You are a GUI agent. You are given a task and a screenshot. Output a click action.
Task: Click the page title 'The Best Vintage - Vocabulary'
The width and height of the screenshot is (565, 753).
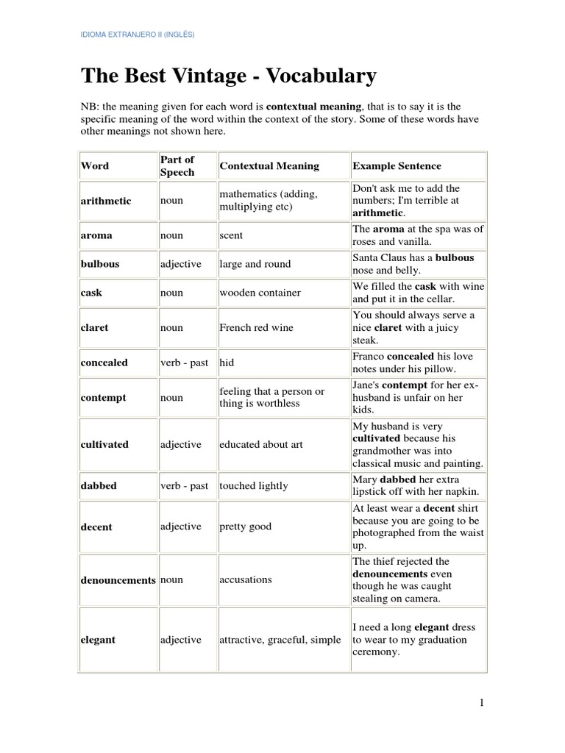(x=228, y=76)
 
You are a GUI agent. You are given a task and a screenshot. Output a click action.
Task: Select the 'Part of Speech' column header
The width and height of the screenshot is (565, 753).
(x=177, y=165)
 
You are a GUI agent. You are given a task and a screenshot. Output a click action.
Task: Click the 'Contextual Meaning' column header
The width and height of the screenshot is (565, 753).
(x=269, y=166)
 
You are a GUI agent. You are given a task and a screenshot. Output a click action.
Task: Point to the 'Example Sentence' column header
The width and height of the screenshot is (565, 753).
(x=397, y=166)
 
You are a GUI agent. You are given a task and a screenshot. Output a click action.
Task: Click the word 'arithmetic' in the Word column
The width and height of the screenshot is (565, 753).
(x=106, y=201)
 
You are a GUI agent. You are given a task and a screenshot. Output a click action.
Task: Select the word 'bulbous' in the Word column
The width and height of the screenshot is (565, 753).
(x=100, y=264)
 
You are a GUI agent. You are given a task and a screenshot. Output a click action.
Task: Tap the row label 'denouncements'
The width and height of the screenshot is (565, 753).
(x=118, y=579)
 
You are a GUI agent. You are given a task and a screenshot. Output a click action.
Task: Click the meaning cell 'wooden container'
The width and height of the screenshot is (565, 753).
(x=260, y=293)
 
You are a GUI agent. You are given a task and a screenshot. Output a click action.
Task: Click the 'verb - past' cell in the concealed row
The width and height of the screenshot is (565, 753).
(x=185, y=363)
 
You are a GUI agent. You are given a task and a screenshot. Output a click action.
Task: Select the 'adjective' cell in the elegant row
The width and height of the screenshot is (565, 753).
(x=180, y=640)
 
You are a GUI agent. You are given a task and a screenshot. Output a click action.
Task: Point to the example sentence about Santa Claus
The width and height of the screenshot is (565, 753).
(x=417, y=264)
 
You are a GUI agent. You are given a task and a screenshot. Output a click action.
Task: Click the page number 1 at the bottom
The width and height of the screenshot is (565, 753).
(x=481, y=703)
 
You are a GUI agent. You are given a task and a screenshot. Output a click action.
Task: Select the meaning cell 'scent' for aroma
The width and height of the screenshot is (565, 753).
(x=231, y=236)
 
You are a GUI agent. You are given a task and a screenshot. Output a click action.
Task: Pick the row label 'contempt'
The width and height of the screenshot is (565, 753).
(x=103, y=397)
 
